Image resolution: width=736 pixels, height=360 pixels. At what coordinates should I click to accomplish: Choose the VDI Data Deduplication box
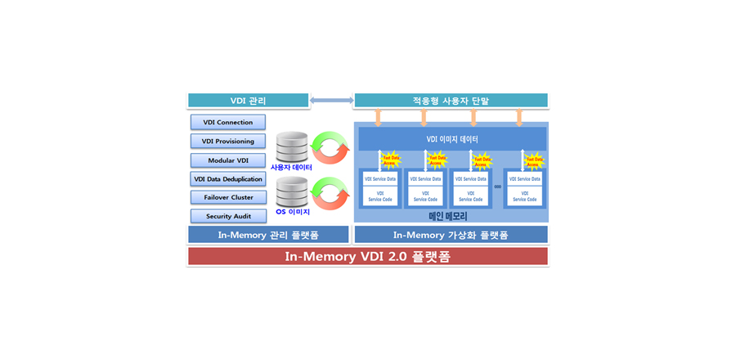coord(228,179)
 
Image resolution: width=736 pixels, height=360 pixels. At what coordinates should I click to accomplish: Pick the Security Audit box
coord(228,216)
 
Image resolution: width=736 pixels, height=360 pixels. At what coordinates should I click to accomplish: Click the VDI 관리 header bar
coord(248,101)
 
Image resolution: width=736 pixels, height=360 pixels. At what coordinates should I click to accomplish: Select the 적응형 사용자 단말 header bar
coord(451,101)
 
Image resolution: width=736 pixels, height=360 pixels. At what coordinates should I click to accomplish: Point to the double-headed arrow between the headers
coord(331,101)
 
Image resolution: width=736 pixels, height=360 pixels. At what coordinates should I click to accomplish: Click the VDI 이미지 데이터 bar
coord(452,139)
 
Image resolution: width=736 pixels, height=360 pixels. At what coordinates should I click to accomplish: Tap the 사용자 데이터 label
coord(291,167)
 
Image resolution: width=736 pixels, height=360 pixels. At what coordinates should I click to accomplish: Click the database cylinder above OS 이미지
coord(292,193)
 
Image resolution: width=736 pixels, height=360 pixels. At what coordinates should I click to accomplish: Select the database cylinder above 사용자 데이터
coord(292,147)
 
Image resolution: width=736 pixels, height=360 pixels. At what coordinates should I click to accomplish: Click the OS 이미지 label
coord(292,212)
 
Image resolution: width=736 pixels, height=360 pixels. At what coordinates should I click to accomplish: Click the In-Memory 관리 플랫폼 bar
coord(268,235)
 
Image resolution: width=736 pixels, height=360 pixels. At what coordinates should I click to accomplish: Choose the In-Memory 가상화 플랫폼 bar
coord(451,235)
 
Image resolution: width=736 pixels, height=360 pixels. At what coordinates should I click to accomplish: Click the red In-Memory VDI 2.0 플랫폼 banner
coord(367,256)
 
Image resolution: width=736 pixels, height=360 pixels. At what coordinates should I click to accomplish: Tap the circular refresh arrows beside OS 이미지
coord(330,193)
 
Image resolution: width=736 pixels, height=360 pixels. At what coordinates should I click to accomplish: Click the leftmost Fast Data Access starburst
coord(391,160)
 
